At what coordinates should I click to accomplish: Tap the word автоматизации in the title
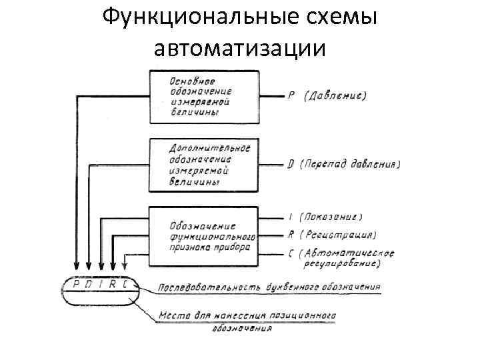pyautogui.click(x=240, y=48)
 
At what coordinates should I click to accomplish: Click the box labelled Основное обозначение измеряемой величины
pyautogui.click(x=203, y=96)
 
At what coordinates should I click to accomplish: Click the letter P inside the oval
pyautogui.click(x=77, y=284)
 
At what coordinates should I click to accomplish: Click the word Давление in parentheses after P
pyautogui.click(x=337, y=96)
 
